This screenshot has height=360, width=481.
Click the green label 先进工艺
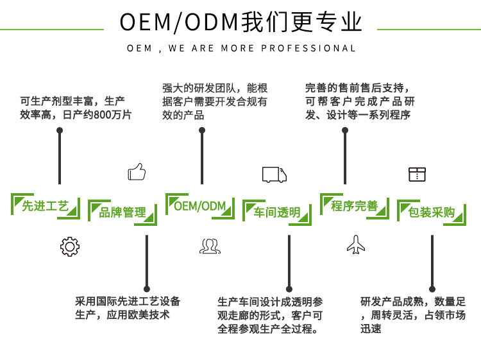pyautogui.click(x=46, y=206)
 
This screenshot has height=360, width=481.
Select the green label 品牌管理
pyautogui.click(x=122, y=212)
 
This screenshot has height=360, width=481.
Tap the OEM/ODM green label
pyautogui.click(x=200, y=205)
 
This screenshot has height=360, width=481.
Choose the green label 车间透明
pyautogui.click(x=277, y=212)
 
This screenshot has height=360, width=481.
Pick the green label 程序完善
pyautogui.click(x=355, y=206)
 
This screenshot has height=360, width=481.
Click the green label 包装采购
pyautogui.click(x=432, y=212)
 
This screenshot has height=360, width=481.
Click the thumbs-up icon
pyautogui.click(x=137, y=172)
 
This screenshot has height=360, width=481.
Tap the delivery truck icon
pyautogui.click(x=274, y=174)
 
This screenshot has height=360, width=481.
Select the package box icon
pyautogui.click(x=417, y=174)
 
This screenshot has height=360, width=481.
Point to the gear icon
pyautogui.click(x=69, y=246)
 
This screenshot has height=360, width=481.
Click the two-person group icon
pyautogui.click(x=210, y=246)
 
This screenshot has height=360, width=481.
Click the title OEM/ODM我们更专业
pyautogui.click(x=240, y=22)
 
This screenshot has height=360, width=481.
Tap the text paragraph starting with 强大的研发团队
pyautogui.click(x=215, y=101)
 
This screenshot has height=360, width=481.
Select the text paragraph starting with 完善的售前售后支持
pyautogui.click(x=360, y=101)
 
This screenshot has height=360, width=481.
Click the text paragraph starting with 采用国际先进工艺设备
pyautogui.click(x=128, y=308)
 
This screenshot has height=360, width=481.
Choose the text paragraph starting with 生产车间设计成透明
pyautogui.click(x=270, y=315)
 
